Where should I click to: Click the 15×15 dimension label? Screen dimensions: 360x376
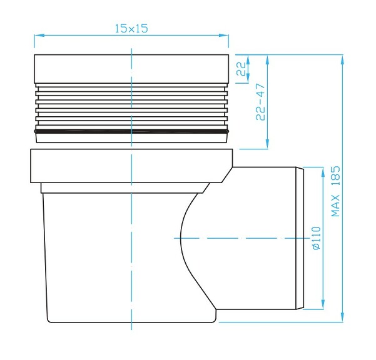coord(131,29)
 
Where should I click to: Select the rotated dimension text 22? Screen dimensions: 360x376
coord(241,69)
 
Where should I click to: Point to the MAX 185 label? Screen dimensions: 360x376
coord(335,191)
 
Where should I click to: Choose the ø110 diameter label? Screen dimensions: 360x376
coord(315,239)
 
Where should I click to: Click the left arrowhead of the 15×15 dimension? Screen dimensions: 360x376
coord(37,36)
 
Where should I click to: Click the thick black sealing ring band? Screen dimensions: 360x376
coord(131,132)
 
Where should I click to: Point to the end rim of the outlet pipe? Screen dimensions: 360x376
coord(300,238)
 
